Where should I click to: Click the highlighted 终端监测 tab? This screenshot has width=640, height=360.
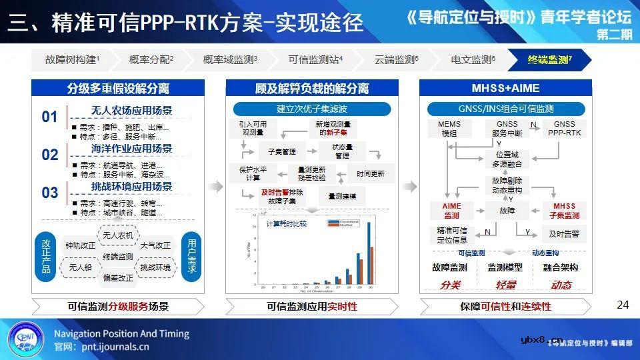[x=549, y=60]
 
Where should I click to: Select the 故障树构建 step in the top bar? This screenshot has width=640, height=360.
[x=72, y=60]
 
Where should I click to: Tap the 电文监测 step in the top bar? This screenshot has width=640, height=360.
[x=473, y=60]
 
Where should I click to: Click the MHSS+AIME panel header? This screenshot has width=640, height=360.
[x=505, y=88]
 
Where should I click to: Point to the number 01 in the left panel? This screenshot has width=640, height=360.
[x=50, y=117]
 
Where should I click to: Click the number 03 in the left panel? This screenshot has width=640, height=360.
[x=50, y=193]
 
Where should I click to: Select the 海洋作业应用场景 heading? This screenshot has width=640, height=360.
[x=131, y=148]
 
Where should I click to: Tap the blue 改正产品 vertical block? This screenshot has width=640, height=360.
[x=46, y=257]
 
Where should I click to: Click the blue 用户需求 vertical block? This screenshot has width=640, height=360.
[x=192, y=256]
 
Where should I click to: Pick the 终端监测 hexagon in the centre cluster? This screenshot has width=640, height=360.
[x=118, y=257]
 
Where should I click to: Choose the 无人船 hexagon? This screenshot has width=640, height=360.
[x=80, y=267]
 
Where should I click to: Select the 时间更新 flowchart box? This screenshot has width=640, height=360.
[x=370, y=173]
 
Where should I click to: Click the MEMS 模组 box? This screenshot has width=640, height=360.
[x=449, y=129]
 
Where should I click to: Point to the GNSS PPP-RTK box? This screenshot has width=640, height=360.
[x=564, y=129]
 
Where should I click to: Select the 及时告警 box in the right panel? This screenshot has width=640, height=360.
[x=563, y=234]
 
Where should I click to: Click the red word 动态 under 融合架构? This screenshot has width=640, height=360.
[x=561, y=285]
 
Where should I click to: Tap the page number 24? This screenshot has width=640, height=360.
[x=623, y=305]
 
